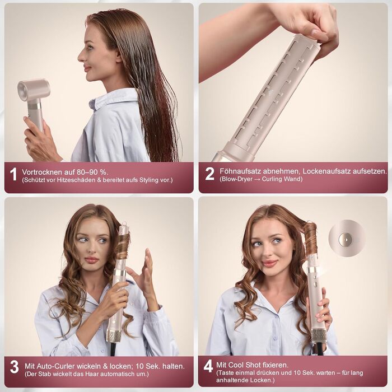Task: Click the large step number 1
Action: [13, 174]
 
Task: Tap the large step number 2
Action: [209, 174]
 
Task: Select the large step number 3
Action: [14, 367]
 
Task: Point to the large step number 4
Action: [208, 366]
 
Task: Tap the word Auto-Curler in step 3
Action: [58, 364]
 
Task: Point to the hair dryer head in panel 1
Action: [33, 90]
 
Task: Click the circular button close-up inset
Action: [347, 238]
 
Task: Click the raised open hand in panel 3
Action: [144, 274]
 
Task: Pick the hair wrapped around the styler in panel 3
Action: [123, 246]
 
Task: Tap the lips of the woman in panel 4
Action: [270, 263]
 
